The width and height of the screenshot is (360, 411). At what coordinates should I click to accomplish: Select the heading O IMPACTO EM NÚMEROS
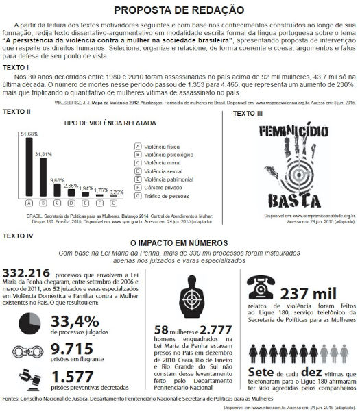coord(180,242)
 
